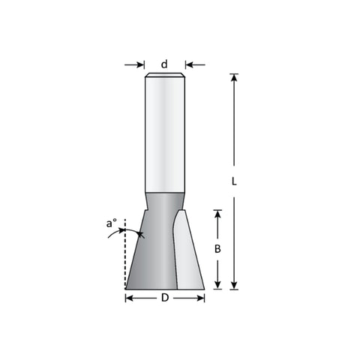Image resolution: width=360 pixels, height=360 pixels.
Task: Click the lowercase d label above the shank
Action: point(164,64)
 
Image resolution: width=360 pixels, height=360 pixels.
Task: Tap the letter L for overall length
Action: point(234,181)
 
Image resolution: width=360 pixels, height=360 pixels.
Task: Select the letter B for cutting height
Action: point(217,249)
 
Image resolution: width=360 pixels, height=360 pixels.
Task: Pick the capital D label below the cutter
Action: point(165,298)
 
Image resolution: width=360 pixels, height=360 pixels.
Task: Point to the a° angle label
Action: point(112,223)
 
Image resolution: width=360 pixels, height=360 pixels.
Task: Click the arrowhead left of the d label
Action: point(140,65)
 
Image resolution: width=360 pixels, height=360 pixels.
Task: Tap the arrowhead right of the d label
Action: point(189,65)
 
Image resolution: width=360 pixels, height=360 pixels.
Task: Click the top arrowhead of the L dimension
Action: point(234,78)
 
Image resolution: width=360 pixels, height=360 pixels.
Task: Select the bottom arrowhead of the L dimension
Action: point(234,285)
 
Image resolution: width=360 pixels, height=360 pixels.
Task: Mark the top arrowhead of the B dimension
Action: point(217,214)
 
